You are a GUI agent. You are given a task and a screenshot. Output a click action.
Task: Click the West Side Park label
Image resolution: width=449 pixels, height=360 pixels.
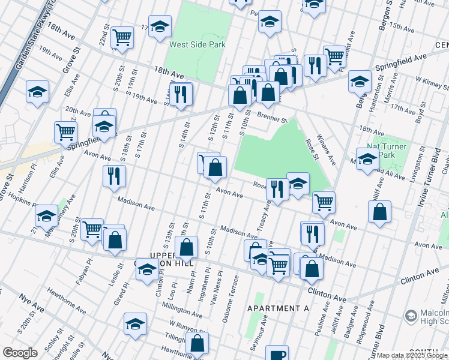197,44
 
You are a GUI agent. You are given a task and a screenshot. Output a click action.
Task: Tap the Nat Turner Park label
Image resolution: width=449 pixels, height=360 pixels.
387,151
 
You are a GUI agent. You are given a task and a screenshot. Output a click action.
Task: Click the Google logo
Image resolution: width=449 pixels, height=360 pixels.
20,353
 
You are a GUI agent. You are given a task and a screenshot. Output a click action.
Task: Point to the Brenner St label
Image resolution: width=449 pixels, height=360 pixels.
273,118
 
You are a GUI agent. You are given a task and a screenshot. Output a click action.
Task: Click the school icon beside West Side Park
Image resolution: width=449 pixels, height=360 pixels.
160,26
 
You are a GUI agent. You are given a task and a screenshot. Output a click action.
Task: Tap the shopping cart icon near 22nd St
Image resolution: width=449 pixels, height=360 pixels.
122,37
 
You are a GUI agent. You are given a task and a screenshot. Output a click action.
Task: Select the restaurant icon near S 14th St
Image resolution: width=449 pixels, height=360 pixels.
180,94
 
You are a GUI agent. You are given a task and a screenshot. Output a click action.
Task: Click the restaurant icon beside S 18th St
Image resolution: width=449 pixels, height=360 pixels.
113,176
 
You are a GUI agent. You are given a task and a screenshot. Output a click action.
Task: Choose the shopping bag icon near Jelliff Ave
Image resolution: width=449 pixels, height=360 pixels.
379,212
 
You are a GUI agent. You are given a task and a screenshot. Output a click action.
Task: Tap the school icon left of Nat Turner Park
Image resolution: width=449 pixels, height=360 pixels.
367,159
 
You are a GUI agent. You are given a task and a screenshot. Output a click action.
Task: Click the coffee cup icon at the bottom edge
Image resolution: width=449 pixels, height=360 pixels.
277,354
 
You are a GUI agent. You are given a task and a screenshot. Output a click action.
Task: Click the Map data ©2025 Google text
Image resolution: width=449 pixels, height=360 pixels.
412,355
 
